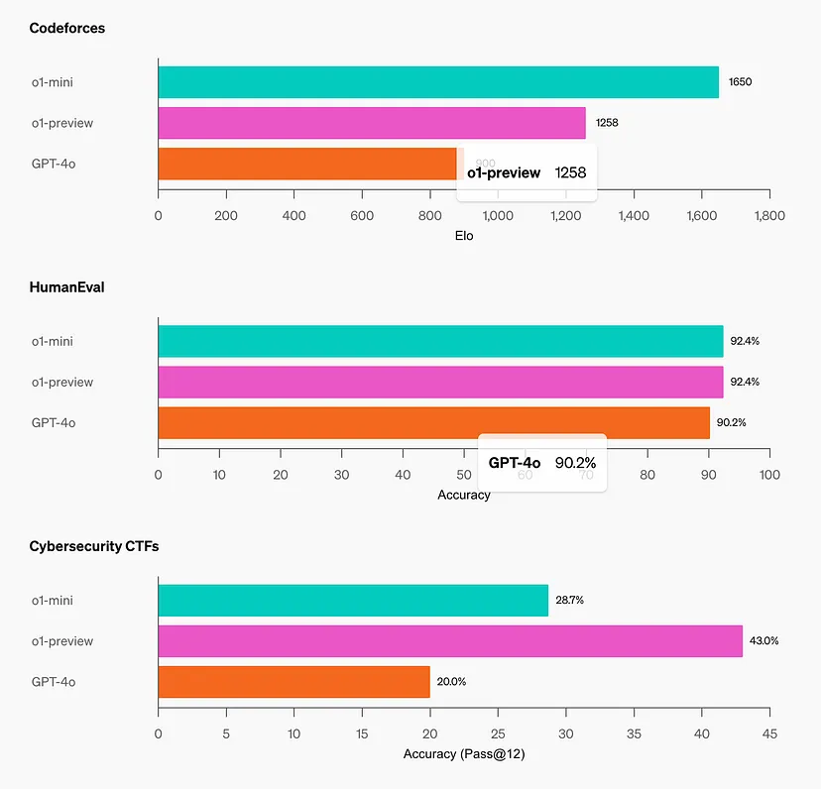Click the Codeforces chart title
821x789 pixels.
(67, 29)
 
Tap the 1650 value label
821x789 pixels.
(740, 82)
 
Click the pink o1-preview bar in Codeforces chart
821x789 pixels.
(372, 123)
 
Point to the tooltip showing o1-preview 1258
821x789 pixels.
(527, 173)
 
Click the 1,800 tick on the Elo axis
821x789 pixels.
(768, 215)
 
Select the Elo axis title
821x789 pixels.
(464, 236)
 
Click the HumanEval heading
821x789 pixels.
(66, 287)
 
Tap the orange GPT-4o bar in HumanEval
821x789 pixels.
(433, 422)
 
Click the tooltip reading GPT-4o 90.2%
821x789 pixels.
(542, 463)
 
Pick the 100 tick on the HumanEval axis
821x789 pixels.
(768, 475)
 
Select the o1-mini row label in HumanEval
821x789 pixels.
(52, 342)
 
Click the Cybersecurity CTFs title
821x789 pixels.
(94, 546)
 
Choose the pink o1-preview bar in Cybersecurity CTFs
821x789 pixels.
(450, 641)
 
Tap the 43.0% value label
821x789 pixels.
(763, 641)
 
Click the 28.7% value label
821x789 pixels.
(569, 601)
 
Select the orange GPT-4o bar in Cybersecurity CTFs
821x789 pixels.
(293, 682)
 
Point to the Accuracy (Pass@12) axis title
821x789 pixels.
(464, 754)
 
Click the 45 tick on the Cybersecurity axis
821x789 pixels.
(768, 734)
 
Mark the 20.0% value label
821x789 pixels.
(451, 682)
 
